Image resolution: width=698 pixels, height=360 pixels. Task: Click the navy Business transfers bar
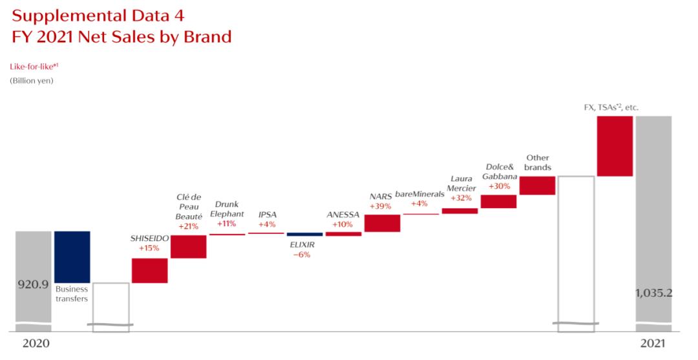[72, 256]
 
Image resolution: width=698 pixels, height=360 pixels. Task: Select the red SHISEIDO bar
[149, 270]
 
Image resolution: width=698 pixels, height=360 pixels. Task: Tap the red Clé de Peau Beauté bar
[188, 246]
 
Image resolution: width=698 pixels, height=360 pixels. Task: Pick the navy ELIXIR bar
[304, 234]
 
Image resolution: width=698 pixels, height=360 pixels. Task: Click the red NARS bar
[382, 223]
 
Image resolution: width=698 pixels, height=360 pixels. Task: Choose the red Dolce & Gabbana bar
[498, 201]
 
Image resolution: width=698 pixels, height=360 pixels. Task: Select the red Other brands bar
[537, 185]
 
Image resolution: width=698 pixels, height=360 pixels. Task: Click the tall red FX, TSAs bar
[615, 146]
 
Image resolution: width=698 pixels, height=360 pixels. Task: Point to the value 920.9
[33, 284]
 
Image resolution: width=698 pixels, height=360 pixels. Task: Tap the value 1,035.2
[653, 292]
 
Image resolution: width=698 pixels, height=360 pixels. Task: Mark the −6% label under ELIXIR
[301, 255]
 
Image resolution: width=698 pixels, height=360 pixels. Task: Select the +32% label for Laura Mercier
[462, 198]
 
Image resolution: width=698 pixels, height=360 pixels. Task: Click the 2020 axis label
[36, 344]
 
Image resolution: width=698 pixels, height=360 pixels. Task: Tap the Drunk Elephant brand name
[227, 209]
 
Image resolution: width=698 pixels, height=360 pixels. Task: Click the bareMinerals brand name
[420, 194]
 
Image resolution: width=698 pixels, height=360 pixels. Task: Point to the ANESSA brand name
[343, 215]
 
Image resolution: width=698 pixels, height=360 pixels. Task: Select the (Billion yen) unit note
[31, 81]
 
